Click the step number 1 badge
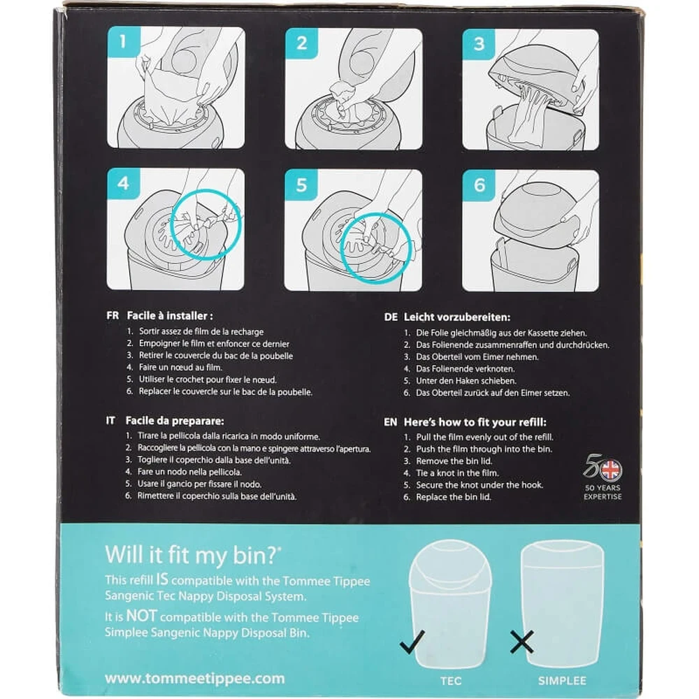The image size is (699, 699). (124, 42)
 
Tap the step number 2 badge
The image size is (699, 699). (301, 43)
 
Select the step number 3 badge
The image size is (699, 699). (479, 44)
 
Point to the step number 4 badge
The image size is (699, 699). (124, 183)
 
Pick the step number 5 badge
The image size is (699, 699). (301, 185)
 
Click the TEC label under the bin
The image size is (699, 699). (451, 681)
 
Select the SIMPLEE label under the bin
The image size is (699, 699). (562, 681)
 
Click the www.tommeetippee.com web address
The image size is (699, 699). (195, 679)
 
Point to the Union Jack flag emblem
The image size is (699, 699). (611, 470)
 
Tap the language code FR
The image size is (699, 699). (113, 316)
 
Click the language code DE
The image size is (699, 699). (391, 317)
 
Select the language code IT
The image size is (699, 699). (110, 420)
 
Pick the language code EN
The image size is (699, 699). (391, 422)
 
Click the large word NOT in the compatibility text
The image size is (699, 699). (141, 616)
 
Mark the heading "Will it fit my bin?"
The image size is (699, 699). (193, 554)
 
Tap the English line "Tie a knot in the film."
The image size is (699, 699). (457, 473)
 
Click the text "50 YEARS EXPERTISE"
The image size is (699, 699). (603, 492)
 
